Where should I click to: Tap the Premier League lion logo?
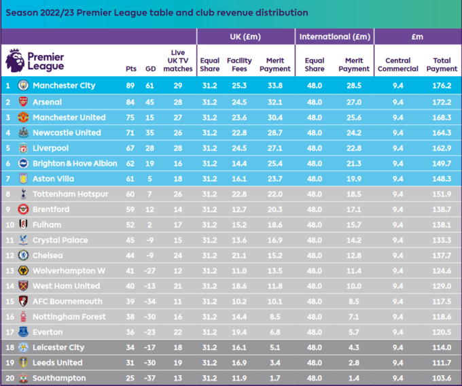click(14, 60)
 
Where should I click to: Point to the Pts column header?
click(131, 69)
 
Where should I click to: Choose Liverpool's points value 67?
click(131, 148)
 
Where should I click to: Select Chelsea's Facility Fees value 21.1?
click(239, 256)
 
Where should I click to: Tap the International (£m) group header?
click(335, 37)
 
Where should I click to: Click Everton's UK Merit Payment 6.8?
click(274, 332)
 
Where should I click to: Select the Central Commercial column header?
click(398, 65)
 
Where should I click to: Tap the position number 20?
click(8, 378)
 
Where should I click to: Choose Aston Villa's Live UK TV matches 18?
click(178, 179)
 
